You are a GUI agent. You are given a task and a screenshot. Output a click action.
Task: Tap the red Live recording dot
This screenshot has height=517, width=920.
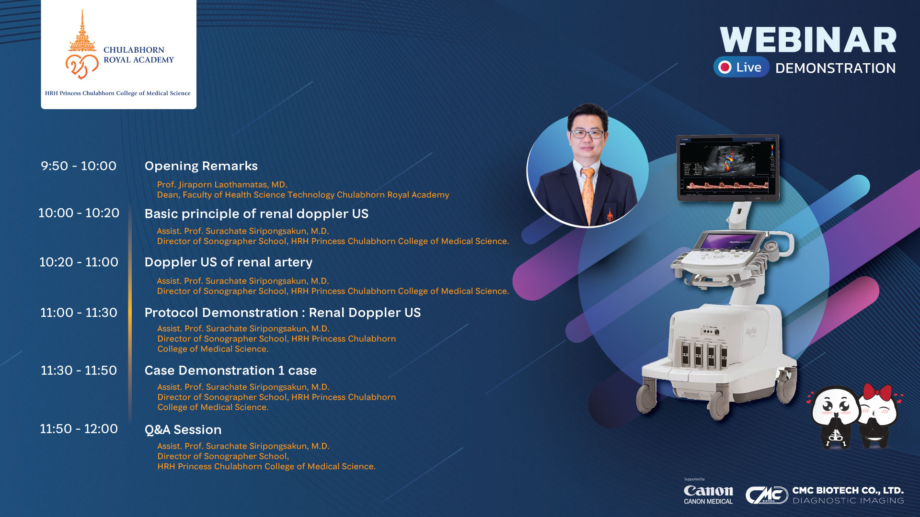[x=725, y=67]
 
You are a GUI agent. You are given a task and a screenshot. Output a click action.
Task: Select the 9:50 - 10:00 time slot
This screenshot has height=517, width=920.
[x=79, y=166]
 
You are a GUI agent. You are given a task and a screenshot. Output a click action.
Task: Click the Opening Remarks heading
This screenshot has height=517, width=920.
[x=201, y=166]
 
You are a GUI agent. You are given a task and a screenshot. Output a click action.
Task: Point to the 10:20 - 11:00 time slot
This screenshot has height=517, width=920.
[x=79, y=262]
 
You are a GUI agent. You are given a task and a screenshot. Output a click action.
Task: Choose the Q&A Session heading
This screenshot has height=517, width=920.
[x=183, y=429]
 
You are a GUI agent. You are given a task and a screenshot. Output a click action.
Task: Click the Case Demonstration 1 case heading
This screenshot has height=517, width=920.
[x=230, y=371]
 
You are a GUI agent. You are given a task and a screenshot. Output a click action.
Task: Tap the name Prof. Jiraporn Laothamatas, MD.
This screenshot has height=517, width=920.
[x=222, y=185]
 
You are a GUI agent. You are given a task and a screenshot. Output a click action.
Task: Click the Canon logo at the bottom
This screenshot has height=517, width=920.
[x=708, y=491]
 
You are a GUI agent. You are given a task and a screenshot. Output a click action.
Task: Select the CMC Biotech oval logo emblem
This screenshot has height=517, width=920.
[x=767, y=495]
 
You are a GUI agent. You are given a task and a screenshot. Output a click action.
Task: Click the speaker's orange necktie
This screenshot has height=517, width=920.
[x=588, y=194]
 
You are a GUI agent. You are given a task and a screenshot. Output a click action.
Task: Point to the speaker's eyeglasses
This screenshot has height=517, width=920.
[x=586, y=134]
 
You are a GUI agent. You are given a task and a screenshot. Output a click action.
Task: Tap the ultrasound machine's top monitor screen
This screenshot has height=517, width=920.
[x=728, y=168]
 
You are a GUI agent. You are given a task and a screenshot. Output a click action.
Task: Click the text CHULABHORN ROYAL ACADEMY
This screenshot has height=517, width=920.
[x=138, y=55]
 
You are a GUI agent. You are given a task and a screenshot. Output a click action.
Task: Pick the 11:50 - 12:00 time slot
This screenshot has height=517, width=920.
[x=79, y=429]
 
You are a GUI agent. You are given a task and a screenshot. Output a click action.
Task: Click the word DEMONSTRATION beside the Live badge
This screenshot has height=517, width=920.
[x=835, y=68]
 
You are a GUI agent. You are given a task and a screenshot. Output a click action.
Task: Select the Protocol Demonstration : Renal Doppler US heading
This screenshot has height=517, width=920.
[x=283, y=313]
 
